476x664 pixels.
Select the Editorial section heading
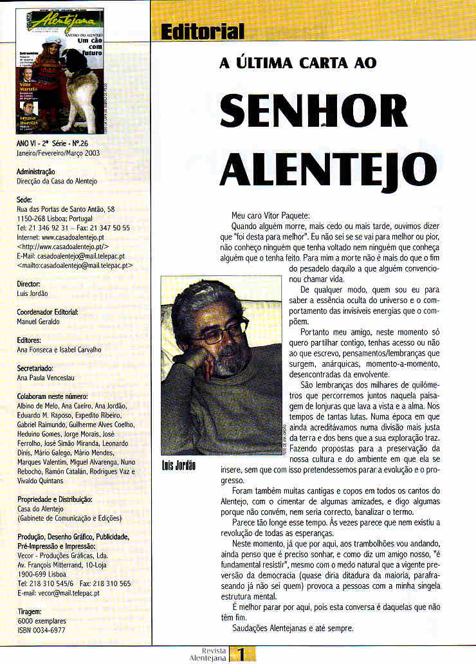(203, 31)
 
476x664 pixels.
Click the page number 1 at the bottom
(241, 654)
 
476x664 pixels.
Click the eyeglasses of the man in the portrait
(219, 332)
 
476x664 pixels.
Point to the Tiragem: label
(30, 611)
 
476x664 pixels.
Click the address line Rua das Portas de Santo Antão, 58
(65, 209)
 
